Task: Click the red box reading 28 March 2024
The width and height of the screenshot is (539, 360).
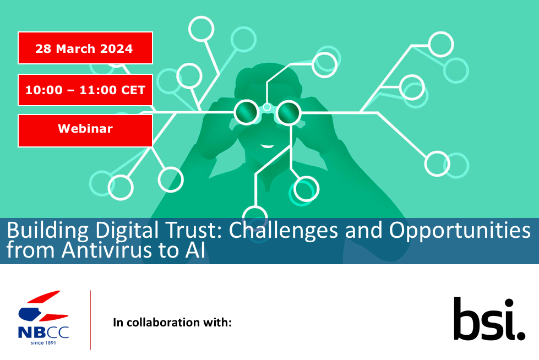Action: pos(85,48)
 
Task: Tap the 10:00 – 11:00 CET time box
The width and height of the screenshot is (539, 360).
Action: pos(85,90)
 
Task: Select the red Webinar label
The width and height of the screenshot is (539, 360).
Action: pos(85,130)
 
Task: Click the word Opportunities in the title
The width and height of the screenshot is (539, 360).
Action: pos(460,231)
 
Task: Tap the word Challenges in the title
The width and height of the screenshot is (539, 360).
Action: pos(283,231)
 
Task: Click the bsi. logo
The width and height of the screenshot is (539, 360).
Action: pos(489,319)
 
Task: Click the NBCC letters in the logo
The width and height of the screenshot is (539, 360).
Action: pos(43,332)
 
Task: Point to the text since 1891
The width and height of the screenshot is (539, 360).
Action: pos(43,342)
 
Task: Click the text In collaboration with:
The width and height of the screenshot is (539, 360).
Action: pos(172,323)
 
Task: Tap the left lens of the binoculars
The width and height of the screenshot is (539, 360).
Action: pos(246,112)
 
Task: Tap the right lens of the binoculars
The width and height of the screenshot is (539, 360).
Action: pos(288,112)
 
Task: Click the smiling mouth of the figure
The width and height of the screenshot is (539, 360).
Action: pos(267,146)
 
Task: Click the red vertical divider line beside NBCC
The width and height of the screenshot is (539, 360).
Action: pos(91,320)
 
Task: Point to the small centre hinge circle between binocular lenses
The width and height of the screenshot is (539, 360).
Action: pos(267,108)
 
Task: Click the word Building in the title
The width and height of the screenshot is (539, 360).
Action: pos(47,231)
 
